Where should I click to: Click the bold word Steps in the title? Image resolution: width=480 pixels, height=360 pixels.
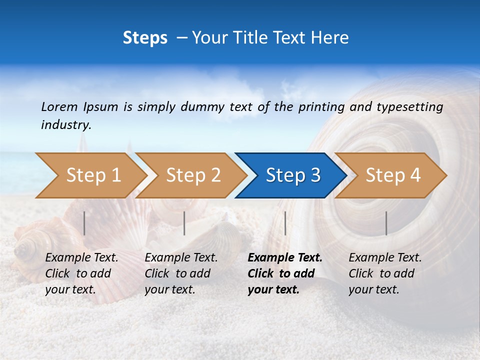pyautogui.click(x=145, y=37)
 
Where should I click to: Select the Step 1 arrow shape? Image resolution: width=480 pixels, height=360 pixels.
pyautogui.click(x=93, y=175)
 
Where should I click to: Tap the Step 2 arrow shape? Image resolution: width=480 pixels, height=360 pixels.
pyautogui.click(x=193, y=175)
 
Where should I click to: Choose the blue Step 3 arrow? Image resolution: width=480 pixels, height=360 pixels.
pyautogui.click(x=292, y=175)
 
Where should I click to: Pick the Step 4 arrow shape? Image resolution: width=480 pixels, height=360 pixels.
pyautogui.click(x=392, y=175)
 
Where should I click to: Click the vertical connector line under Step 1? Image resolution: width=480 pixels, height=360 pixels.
pyautogui.click(x=84, y=223)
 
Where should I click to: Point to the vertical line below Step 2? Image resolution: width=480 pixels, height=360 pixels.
pyautogui.click(x=184, y=223)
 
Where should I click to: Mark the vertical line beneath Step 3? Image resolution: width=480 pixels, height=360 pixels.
pyautogui.click(x=285, y=223)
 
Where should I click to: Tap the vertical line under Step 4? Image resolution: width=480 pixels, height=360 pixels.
pyautogui.click(x=386, y=223)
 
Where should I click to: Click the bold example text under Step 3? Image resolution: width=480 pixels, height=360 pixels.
pyautogui.click(x=284, y=273)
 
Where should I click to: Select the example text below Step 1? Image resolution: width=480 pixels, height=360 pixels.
pyautogui.click(x=81, y=273)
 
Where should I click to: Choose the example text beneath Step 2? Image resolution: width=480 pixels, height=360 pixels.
pyautogui.click(x=181, y=273)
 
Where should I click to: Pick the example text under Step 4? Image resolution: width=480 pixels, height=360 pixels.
pyautogui.click(x=385, y=273)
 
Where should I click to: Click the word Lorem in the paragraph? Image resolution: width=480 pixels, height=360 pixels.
pyautogui.click(x=59, y=106)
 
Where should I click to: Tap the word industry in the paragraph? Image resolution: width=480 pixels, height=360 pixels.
pyautogui.click(x=65, y=125)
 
